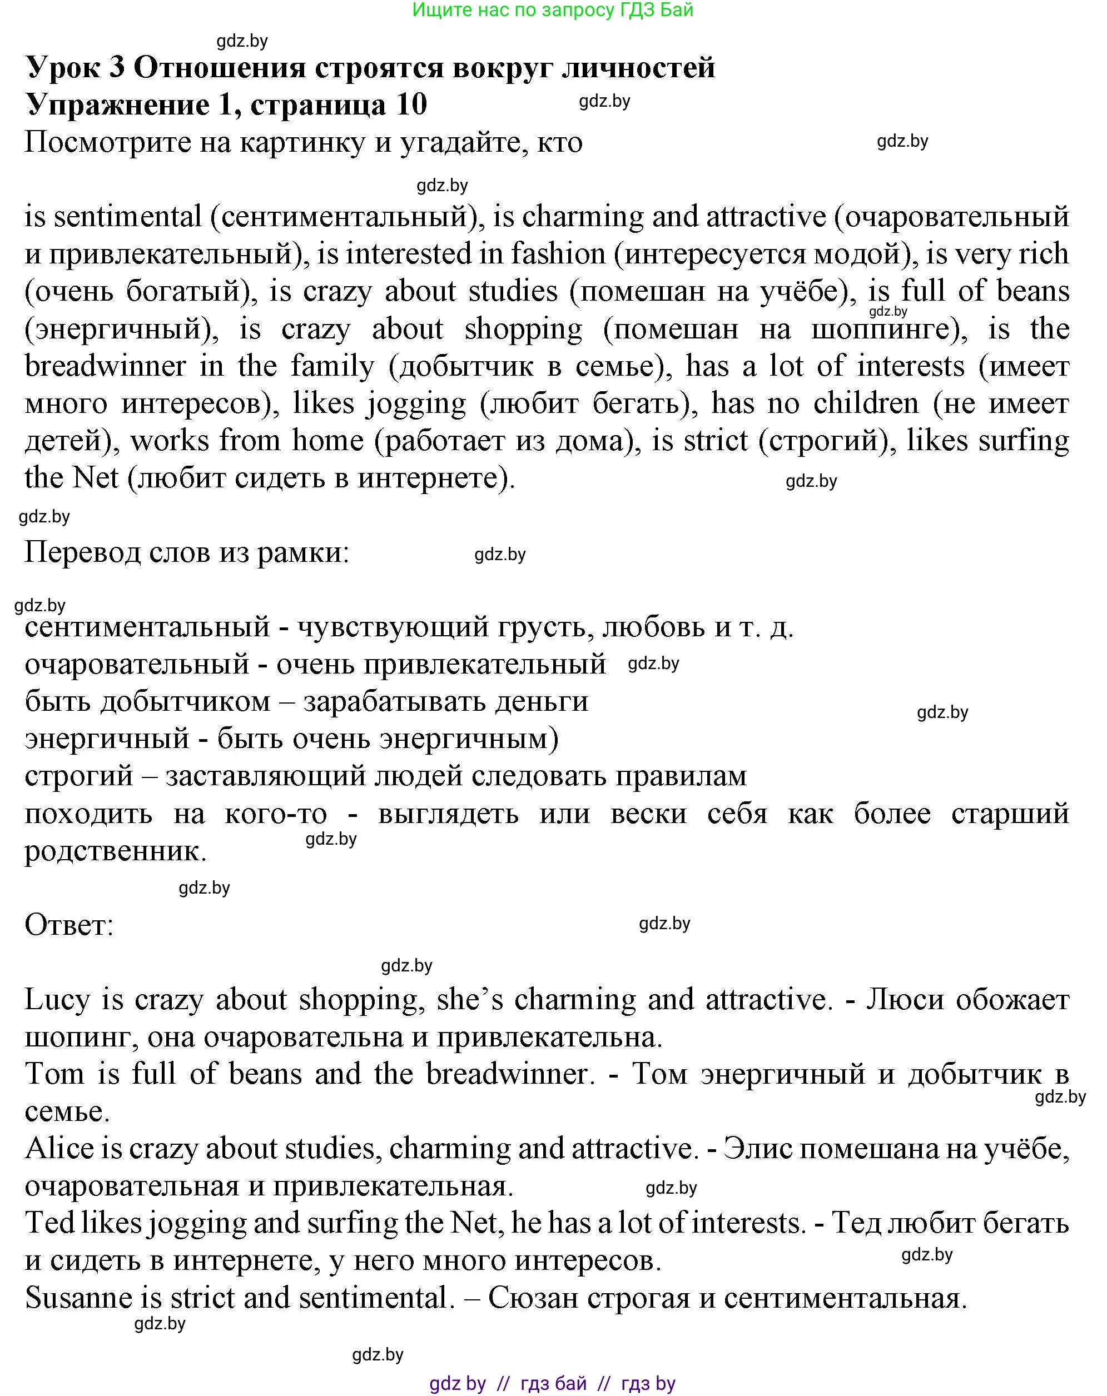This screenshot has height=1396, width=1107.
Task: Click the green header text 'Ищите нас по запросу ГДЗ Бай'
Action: tap(553, 11)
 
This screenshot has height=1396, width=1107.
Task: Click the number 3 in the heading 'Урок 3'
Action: tap(117, 67)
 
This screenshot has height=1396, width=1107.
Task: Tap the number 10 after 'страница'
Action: tap(411, 104)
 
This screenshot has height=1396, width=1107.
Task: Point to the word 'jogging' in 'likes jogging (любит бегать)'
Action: tap(416, 405)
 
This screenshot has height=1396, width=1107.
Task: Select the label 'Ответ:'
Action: tap(68, 925)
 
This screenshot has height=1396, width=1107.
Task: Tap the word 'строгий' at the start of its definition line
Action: tap(78, 776)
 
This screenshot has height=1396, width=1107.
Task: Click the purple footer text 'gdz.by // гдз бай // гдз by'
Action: tap(553, 1384)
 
